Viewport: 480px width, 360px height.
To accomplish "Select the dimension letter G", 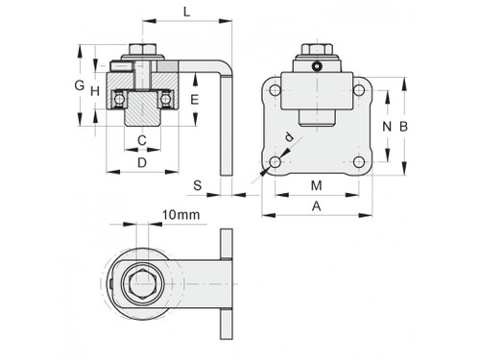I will click(x=80, y=85).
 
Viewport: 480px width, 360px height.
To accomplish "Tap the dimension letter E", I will click(x=194, y=99).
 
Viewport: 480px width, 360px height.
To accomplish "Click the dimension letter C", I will click(x=142, y=141).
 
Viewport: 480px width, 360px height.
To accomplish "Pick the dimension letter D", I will click(x=142, y=163).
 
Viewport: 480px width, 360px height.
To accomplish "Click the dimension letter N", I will click(x=385, y=127).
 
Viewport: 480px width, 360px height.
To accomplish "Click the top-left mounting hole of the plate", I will click(x=276, y=91).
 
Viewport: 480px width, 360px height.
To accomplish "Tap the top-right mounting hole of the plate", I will click(x=359, y=91).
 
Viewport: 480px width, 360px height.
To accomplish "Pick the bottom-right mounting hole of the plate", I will click(x=359, y=161).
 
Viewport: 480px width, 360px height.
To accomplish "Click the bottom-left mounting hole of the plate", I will click(x=276, y=161).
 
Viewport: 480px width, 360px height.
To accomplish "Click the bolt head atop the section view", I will click(x=142, y=51).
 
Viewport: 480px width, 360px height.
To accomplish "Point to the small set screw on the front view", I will click(x=317, y=66).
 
